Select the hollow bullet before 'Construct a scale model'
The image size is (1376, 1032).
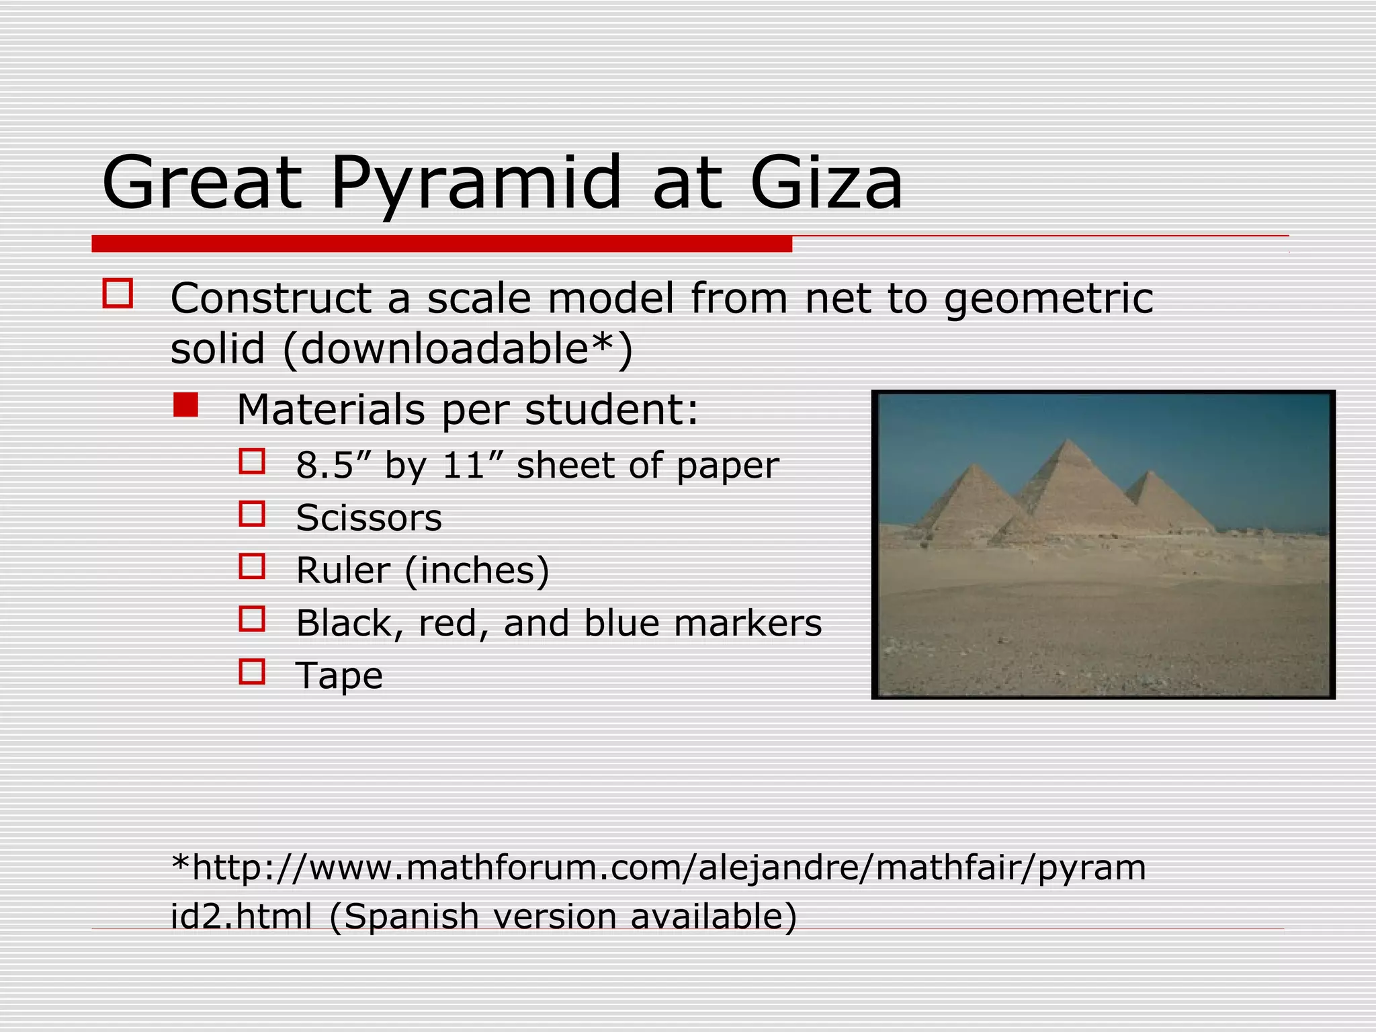[x=118, y=294]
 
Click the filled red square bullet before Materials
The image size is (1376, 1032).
[x=185, y=405]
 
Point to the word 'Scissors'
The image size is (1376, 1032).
[x=369, y=518]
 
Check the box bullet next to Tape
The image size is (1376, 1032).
[x=252, y=672]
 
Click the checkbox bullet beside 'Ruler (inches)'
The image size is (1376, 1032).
[x=252, y=567]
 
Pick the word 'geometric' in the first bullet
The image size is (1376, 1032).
[x=1049, y=298]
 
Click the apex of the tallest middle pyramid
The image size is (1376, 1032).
[x=1067, y=440]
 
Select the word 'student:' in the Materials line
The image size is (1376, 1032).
[x=611, y=409]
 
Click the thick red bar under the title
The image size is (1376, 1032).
[x=441, y=244]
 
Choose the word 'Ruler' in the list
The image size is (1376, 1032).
[x=343, y=570]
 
